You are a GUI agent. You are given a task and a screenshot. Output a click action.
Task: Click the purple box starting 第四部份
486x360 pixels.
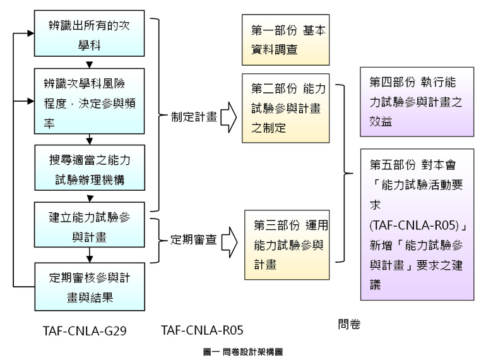(x=417, y=101)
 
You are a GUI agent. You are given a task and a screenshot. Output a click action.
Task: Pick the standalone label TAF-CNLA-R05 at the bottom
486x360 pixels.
(x=202, y=329)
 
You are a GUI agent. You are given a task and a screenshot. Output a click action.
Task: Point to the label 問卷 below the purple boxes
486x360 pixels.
(x=348, y=323)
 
